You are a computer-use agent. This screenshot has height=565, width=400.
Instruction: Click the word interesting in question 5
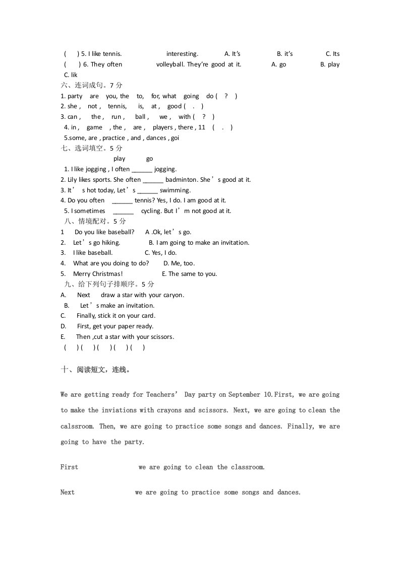click(x=182, y=54)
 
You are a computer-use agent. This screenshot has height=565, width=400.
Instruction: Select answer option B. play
click(x=330, y=64)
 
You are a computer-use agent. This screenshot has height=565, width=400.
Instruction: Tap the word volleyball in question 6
click(x=170, y=64)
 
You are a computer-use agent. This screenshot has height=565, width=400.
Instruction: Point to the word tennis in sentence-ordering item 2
click(x=117, y=106)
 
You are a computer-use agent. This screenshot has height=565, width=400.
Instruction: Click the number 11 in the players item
click(x=202, y=127)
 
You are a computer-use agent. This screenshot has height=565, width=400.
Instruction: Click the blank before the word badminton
click(x=153, y=180)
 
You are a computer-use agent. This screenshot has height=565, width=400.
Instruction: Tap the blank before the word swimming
click(x=147, y=190)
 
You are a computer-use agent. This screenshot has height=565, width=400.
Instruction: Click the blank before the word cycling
click(x=123, y=211)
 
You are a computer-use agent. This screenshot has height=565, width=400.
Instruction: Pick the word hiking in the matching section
click(x=111, y=243)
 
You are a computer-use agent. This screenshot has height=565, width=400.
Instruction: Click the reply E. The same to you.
click(x=190, y=274)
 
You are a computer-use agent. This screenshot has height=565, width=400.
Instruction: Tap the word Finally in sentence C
click(x=87, y=316)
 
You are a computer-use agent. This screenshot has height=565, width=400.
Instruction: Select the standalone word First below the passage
click(x=69, y=467)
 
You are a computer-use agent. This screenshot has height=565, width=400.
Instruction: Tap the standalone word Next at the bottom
click(x=68, y=492)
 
